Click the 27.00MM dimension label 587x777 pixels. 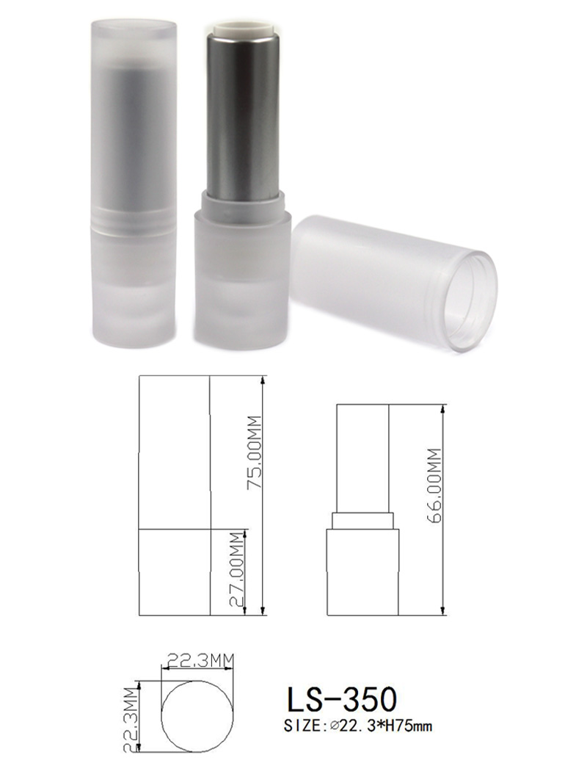click(x=238, y=569)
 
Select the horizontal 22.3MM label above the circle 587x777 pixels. click(x=198, y=660)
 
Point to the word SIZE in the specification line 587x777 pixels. click(x=302, y=726)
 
